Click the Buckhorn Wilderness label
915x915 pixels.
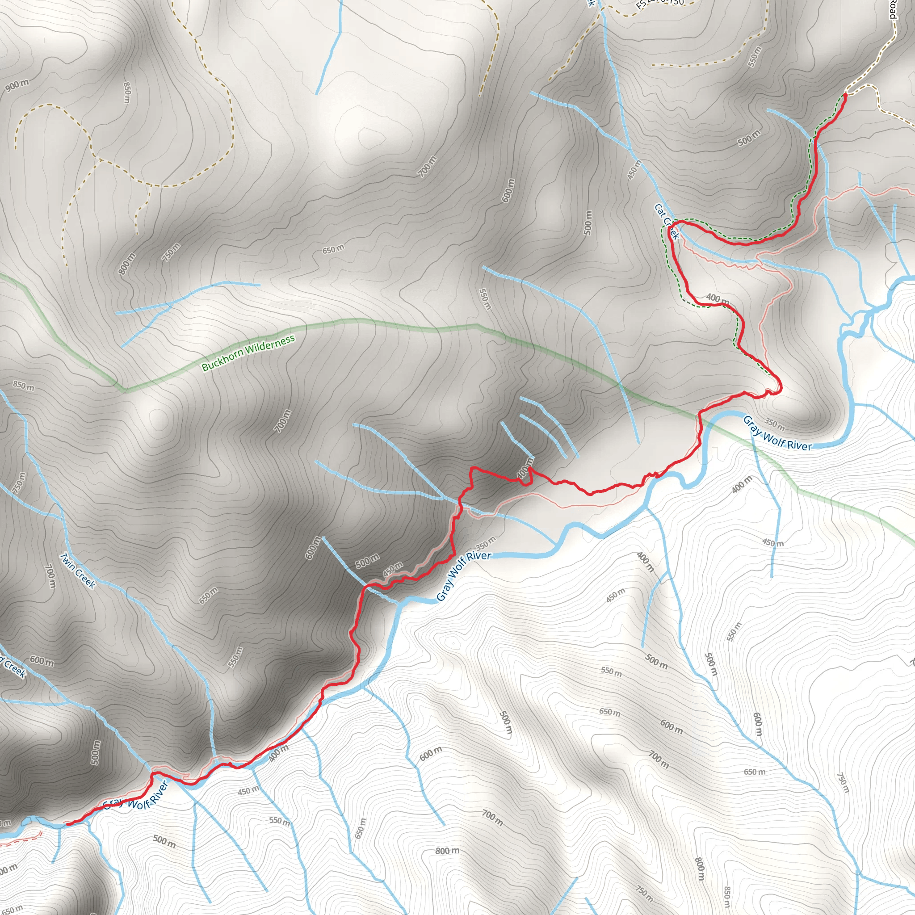(248, 353)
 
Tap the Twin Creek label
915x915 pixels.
(78, 571)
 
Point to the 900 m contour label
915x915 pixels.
(17, 85)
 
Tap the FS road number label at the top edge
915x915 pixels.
(660, 4)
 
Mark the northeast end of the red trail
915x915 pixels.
(845, 95)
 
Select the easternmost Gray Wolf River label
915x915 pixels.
(776, 432)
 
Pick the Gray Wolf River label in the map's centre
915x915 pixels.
(463, 576)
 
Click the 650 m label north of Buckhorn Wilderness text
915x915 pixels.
(333, 249)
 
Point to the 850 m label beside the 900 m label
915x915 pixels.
(126, 92)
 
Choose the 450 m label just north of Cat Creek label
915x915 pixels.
(634, 169)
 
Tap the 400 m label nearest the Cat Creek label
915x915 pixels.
(718, 298)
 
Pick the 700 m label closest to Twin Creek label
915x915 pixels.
(50, 576)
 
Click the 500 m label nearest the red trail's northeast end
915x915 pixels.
(749, 138)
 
